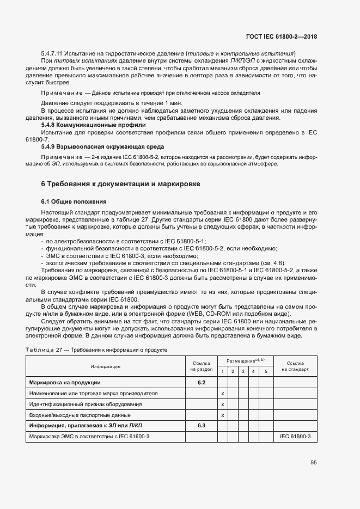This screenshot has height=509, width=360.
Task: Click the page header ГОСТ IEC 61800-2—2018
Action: click(282, 36)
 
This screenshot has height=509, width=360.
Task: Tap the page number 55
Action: click(313, 463)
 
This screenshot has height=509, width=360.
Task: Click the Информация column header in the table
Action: click(105, 366)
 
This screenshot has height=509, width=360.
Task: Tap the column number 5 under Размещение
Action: click(265, 371)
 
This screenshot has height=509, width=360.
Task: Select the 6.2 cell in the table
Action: click(201, 382)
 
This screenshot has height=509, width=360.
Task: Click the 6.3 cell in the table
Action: click(201, 425)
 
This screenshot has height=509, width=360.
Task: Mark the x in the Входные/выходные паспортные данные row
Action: click(222, 415)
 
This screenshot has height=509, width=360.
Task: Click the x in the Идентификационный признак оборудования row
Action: click(222, 404)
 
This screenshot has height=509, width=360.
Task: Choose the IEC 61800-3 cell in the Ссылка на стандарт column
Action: click(295, 436)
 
